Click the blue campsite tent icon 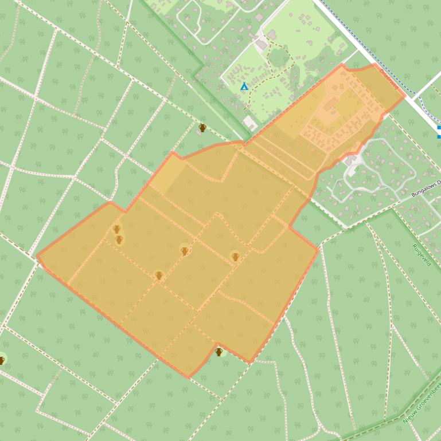(x=244, y=86)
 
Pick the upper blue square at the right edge (x=439, y=128)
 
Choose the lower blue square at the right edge (x=439, y=136)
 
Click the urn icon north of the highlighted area (x=202, y=128)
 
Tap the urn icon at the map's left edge (x=2, y=360)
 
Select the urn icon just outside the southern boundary (x=218, y=352)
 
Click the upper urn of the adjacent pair (x=116, y=229)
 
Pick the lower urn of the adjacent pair (x=119, y=239)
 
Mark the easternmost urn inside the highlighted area (x=235, y=257)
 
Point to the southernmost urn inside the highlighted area (x=159, y=275)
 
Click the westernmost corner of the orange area (x=37, y=256)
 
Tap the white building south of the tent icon (x=250, y=122)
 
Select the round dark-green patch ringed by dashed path (x=279, y=57)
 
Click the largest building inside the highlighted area (x=330, y=105)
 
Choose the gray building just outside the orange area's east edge (x=350, y=162)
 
